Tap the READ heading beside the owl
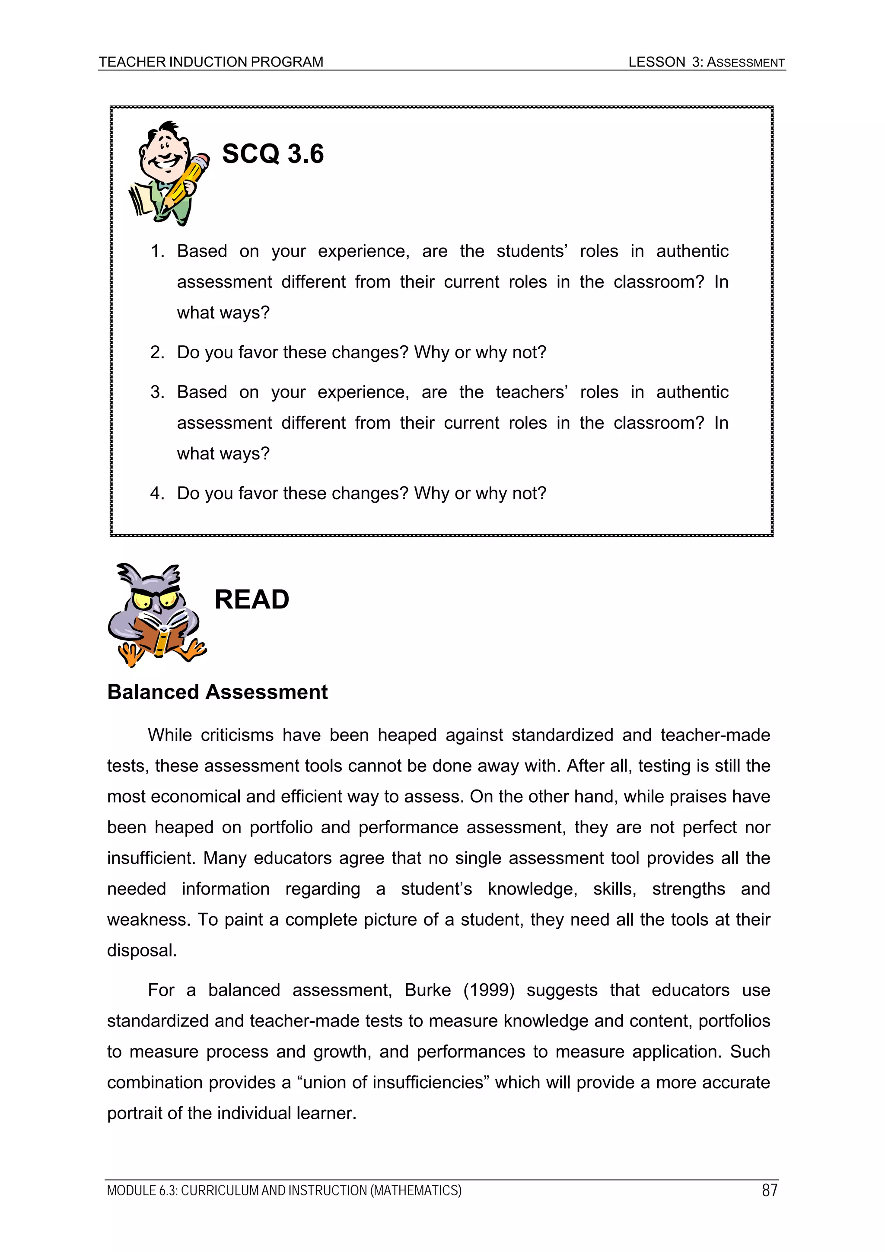coord(251,599)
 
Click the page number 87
coord(769,1190)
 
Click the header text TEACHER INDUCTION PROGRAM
coord(211,62)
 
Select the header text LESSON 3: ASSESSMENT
coord(706,62)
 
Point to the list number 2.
coord(156,352)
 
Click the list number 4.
coord(156,493)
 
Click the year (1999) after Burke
coord(489,990)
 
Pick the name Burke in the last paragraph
coord(427,990)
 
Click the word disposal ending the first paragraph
coord(141,950)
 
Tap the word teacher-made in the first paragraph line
coord(715,735)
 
